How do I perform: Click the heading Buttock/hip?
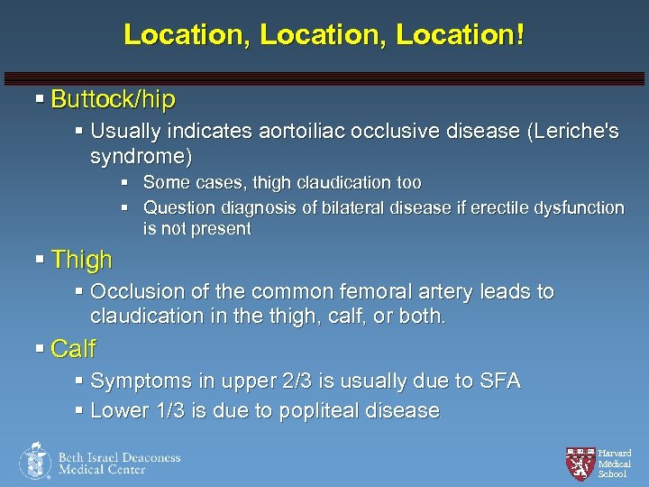[x=113, y=98]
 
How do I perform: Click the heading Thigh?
[x=82, y=260]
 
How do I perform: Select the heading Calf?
[x=73, y=348]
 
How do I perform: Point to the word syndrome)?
[x=142, y=157]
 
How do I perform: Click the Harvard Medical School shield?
[x=580, y=462]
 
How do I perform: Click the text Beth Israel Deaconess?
[x=119, y=457]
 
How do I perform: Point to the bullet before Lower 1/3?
[x=79, y=410]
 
